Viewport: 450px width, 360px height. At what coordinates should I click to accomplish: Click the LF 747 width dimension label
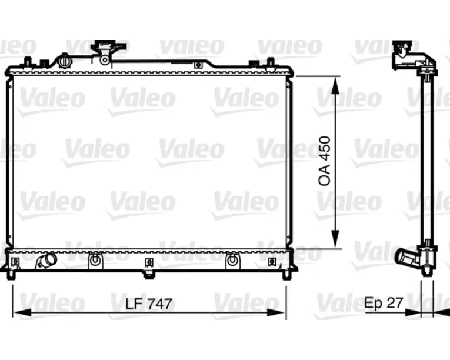pyautogui.click(x=149, y=304)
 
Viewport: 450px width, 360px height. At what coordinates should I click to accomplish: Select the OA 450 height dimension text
pyautogui.click(x=325, y=161)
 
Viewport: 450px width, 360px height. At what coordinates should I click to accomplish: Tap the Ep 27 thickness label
pyautogui.click(x=384, y=302)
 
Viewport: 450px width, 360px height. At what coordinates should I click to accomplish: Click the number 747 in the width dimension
pyautogui.click(x=159, y=304)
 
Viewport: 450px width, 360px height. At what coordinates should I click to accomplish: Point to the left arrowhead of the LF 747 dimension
pyautogui.click(x=22, y=312)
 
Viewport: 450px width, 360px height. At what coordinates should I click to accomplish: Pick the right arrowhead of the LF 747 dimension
pyautogui.click(x=276, y=312)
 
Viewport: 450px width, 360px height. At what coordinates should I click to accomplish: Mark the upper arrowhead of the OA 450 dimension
pyautogui.click(x=335, y=85)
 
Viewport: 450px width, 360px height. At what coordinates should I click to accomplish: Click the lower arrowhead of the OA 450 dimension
pyautogui.click(x=335, y=239)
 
